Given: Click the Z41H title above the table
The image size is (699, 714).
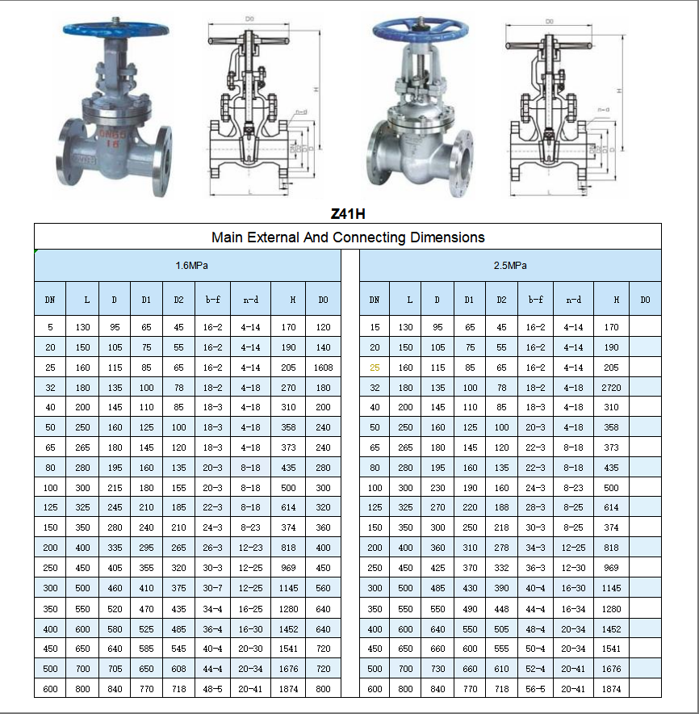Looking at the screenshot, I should click(348, 214).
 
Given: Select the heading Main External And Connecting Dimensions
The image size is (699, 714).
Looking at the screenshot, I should click(348, 237).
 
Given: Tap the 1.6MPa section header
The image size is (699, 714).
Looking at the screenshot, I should click(186, 266).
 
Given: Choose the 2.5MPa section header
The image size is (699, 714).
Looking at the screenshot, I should click(510, 266).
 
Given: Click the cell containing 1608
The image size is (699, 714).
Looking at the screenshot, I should click(323, 367).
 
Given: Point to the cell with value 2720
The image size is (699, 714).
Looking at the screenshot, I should click(611, 388).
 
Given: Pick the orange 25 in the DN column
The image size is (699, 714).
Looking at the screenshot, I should click(375, 367).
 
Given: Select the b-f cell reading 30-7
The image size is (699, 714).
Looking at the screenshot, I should click(213, 588).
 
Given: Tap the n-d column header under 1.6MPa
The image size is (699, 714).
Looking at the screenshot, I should click(250, 300).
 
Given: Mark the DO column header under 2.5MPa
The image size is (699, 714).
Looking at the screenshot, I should click(645, 300).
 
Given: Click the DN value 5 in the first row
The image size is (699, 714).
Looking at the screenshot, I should click(50, 327).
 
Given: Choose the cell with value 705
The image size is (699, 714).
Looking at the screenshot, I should click(114, 669).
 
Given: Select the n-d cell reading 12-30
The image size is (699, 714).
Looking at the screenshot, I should click(573, 568).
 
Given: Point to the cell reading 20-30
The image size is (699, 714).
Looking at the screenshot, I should click(250, 649).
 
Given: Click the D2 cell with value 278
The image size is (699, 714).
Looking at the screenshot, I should click(501, 548).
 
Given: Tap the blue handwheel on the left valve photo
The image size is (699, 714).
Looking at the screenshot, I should click(116, 30).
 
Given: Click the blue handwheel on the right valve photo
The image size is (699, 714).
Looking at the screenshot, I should click(416, 31).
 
